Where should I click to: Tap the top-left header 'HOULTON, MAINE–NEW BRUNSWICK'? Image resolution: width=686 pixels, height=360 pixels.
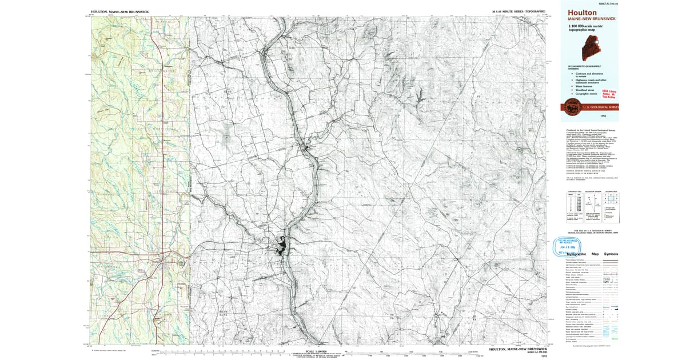[x=118, y=11]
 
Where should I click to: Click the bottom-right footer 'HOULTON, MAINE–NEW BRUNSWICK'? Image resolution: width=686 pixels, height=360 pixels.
[x=519, y=349]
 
